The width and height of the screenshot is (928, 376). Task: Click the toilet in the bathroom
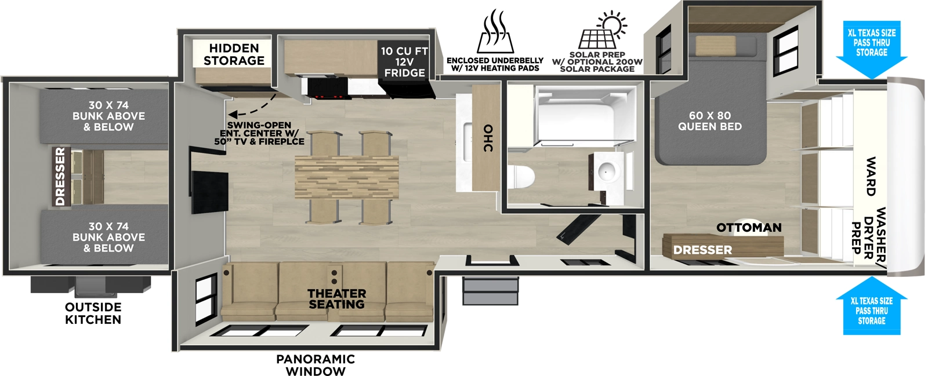point(521,177)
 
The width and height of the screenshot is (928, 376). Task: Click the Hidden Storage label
point(234,54)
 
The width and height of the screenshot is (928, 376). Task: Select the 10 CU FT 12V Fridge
point(404,63)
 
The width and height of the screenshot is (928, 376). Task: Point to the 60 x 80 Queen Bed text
point(709,121)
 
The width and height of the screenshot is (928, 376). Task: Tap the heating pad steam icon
point(495,32)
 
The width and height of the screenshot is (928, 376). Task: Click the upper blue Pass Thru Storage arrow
point(871,50)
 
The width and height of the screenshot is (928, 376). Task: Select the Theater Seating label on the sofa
point(336,299)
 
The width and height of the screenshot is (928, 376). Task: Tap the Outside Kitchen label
point(93,313)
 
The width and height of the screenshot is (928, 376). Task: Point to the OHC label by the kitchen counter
point(488,138)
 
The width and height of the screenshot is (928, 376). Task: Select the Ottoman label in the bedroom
point(749,228)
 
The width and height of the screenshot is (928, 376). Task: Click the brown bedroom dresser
point(723,246)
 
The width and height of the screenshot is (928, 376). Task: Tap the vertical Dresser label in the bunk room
point(60,177)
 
